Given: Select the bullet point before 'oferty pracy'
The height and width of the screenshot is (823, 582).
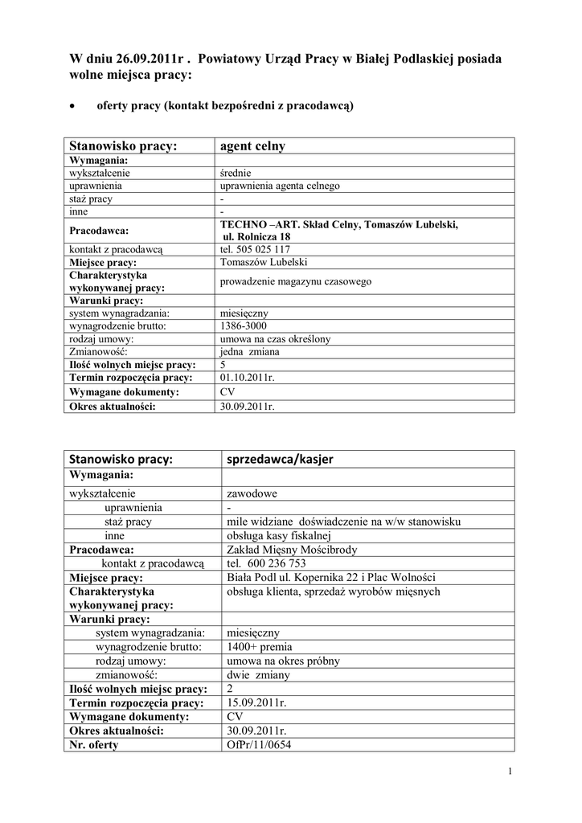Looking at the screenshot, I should (x=74, y=105).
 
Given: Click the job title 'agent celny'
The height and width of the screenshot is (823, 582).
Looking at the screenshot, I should (x=252, y=146).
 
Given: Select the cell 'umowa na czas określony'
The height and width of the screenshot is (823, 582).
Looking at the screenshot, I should (x=275, y=339).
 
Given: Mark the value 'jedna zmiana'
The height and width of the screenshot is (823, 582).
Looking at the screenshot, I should (x=249, y=352).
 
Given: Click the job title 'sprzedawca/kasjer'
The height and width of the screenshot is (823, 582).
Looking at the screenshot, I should (x=281, y=459).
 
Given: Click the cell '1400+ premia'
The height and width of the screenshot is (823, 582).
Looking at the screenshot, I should (x=260, y=646).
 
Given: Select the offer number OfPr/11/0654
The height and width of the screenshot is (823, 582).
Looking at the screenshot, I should (x=260, y=744).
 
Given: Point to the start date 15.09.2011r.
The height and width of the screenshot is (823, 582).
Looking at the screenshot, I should (x=257, y=703).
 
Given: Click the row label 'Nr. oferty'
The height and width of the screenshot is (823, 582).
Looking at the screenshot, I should (x=94, y=744).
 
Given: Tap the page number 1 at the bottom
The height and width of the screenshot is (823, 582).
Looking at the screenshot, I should (x=510, y=772).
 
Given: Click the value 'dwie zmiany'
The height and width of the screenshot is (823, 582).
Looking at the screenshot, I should (x=259, y=675).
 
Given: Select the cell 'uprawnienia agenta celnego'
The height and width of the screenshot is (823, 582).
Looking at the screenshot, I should (x=280, y=186).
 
